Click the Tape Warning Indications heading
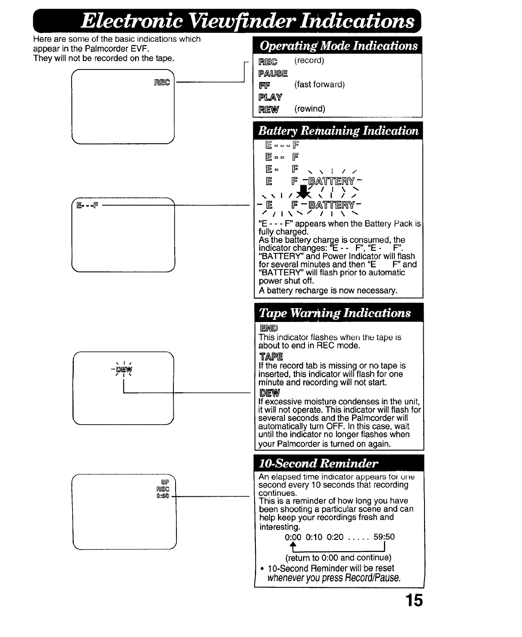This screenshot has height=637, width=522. click(x=334, y=312)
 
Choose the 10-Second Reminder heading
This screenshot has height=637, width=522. click(x=318, y=464)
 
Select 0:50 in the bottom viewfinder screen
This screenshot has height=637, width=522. click(x=163, y=495)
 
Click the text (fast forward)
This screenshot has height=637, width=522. click(x=319, y=85)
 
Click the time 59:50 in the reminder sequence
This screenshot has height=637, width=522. click(x=384, y=537)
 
